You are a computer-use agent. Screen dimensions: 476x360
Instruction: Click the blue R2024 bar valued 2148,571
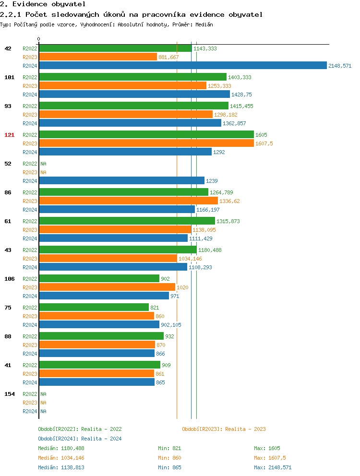[182, 66]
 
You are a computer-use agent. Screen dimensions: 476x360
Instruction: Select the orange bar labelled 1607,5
[146, 143]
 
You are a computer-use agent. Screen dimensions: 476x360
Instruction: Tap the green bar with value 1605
[146, 135]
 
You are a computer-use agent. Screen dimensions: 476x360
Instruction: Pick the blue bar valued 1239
[121, 181]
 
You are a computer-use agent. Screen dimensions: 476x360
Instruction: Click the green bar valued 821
[94, 308]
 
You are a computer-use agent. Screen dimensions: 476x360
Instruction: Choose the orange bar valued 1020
[107, 287]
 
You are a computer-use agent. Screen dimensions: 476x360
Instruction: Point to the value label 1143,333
[205, 48]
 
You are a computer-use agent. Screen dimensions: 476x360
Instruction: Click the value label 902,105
[171, 325]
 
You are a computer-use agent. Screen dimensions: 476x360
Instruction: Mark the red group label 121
[10, 135]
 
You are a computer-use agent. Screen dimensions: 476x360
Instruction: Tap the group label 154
[10, 394]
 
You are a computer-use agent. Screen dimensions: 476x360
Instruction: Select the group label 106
[10, 279]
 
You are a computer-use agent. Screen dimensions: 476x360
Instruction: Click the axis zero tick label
[39, 39]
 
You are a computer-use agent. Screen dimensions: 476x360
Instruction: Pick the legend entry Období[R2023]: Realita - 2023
[224, 429]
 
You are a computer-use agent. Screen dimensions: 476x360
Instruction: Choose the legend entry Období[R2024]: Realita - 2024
[80, 439]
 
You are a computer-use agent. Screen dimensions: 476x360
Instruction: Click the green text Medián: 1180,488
[61, 448]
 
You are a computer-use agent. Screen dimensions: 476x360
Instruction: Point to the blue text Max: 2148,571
[273, 467]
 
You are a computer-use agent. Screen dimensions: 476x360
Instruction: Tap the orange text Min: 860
[169, 458]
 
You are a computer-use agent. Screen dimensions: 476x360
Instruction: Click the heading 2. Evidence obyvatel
[43, 4]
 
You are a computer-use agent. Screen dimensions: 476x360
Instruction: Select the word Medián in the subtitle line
[204, 24]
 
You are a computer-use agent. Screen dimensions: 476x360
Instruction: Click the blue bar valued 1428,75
[134, 95]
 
